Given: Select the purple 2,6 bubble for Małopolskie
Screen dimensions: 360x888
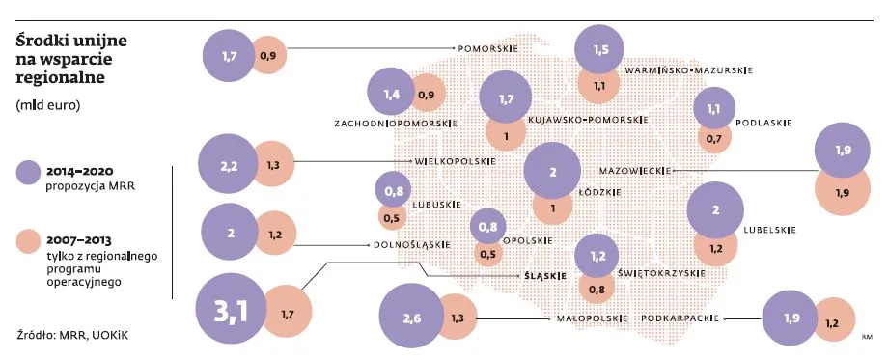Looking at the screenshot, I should click(413, 318).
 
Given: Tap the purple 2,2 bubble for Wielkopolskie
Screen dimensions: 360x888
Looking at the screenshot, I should click(229, 166).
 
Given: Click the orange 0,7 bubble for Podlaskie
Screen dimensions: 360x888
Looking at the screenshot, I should click(714, 139).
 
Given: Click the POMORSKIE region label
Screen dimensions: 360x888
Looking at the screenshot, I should click(488, 47).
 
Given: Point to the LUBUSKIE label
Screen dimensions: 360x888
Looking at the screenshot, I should click(436, 205).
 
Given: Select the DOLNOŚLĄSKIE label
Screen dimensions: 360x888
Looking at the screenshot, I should click(411, 245).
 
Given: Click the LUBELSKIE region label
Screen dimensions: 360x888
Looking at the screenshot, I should click(769, 230).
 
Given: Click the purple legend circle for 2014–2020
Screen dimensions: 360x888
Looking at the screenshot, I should click(30, 174).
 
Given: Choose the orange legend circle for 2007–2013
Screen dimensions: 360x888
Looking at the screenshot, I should click(30, 240).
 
